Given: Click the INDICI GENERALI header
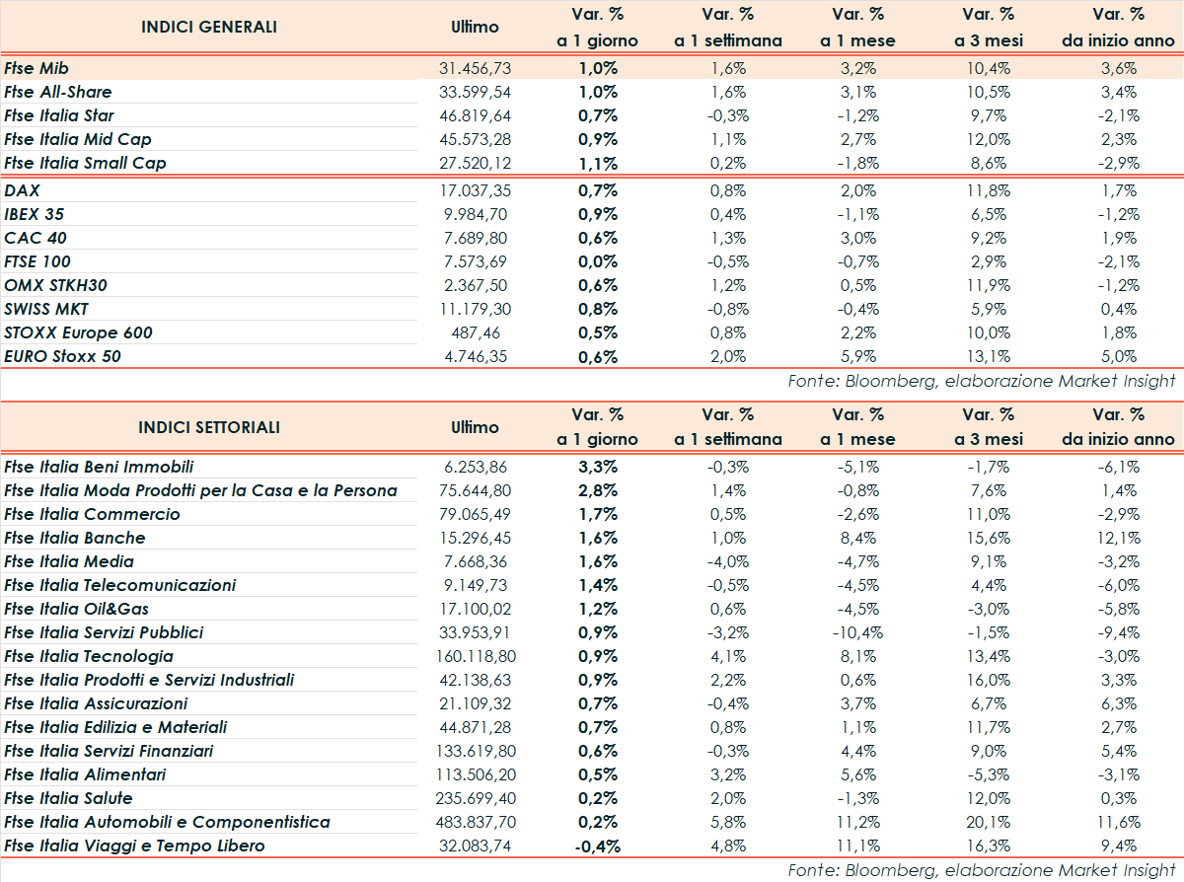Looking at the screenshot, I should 209,27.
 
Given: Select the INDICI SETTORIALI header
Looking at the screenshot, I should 209,427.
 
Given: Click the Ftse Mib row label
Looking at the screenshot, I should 36,68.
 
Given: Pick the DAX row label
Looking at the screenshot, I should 22,190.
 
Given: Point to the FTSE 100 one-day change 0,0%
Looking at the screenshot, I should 598,261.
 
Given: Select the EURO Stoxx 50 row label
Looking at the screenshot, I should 63,356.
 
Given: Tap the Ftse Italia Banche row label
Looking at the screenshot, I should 75,538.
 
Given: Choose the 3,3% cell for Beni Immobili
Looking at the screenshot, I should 598,467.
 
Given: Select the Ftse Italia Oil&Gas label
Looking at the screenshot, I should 77,609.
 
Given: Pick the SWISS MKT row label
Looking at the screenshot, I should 46,309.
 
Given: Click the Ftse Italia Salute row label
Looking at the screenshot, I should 68,798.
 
